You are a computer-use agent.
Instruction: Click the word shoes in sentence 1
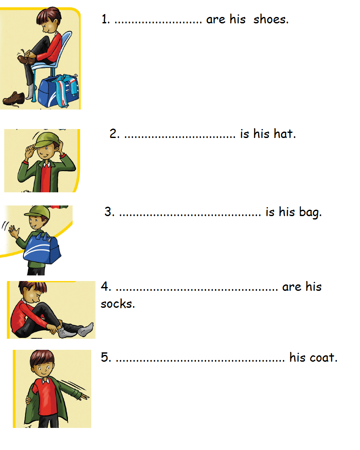coord(271,20)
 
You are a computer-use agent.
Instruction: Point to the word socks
coord(118,304)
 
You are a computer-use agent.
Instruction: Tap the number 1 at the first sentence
coord(105,20)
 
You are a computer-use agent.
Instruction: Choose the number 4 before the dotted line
coord(105,287)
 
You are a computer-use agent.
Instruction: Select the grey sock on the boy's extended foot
coord(87,328)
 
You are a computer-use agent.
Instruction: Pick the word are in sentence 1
coord(215,20)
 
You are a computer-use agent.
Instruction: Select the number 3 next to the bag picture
coord(109,212)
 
